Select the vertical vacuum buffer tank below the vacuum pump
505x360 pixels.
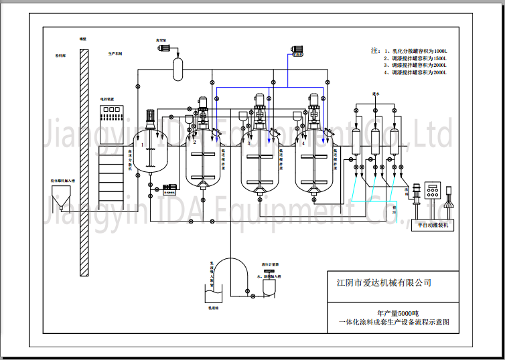click(179, 68)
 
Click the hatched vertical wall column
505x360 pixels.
click(83, 161)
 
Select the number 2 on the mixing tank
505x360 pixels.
click(194, 143)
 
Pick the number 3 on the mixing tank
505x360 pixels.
click(249, 143)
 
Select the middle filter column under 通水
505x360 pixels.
click(375, 140)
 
